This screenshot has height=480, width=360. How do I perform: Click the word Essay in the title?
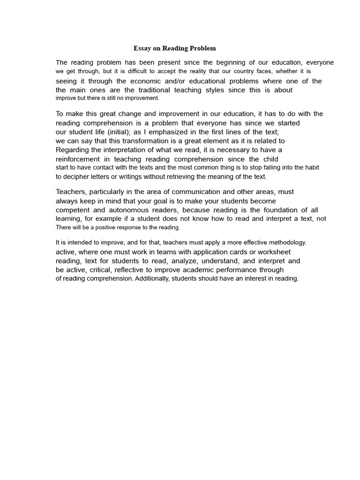(x=142, y=48)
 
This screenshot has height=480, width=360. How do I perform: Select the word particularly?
(x=110, y=192)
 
